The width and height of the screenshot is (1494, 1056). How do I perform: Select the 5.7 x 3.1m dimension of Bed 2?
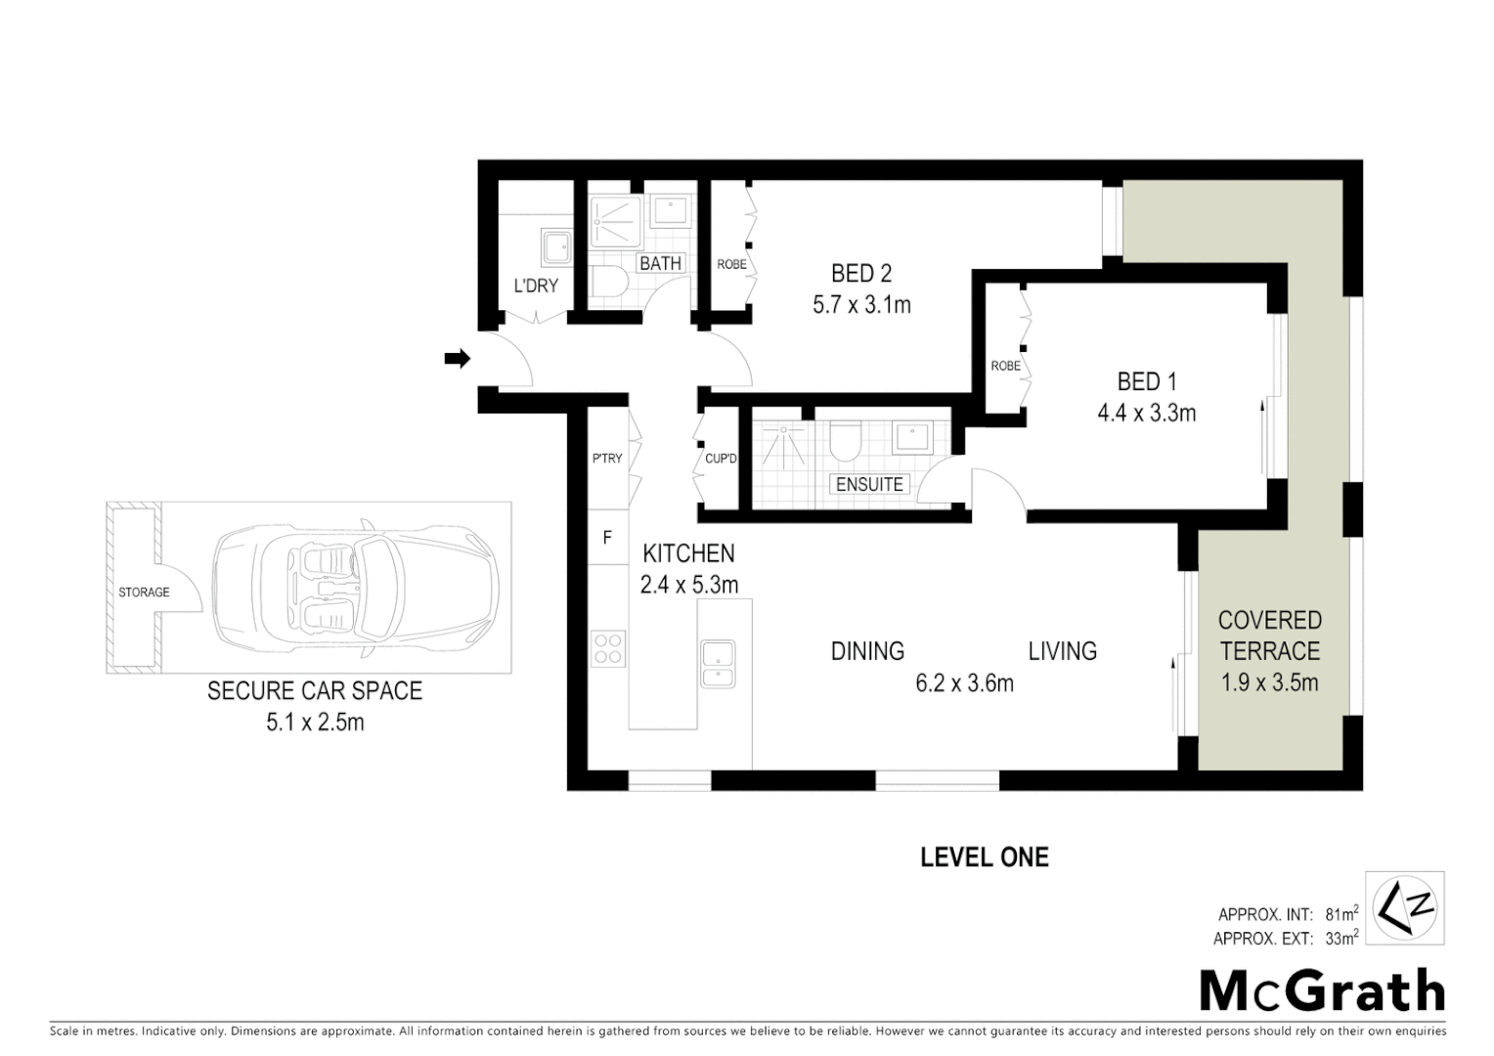[861, 305]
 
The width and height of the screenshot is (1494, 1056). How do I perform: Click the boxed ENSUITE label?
[869, 484]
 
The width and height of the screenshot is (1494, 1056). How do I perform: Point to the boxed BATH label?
[660, 263]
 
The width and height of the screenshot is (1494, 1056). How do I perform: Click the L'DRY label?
[536, 286]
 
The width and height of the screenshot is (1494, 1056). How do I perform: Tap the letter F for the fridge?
[607, 538]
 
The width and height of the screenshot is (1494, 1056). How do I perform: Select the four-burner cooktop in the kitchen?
[607, 649]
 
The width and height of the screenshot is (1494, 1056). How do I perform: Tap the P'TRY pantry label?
[606, 459]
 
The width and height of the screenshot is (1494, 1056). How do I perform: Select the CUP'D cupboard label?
[721, 459]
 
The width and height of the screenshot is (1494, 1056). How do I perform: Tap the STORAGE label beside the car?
[144, 593]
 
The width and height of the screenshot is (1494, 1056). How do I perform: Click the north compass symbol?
[1405, 907]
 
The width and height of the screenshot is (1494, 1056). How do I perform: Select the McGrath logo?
[1322, 991]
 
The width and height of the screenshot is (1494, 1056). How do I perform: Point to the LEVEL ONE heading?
[984, 858]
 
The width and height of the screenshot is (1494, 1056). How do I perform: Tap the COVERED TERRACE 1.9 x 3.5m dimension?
[1269, 682]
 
